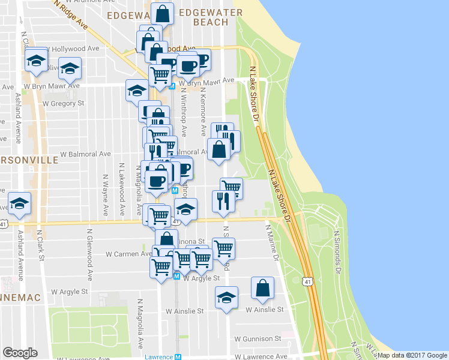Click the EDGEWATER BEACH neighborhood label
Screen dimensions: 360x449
(211, 17)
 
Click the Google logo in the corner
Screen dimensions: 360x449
(20, 353)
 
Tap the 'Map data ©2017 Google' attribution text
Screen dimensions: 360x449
(412, 355)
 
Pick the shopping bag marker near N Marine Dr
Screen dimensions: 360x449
(263, 289)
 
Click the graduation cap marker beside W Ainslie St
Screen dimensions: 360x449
(226, 298)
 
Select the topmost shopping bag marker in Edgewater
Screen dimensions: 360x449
(163, 13)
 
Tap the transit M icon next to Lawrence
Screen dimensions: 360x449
(178, 357)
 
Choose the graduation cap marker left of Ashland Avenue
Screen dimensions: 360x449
(20, 203)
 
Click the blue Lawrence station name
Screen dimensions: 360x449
(158, 357)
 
